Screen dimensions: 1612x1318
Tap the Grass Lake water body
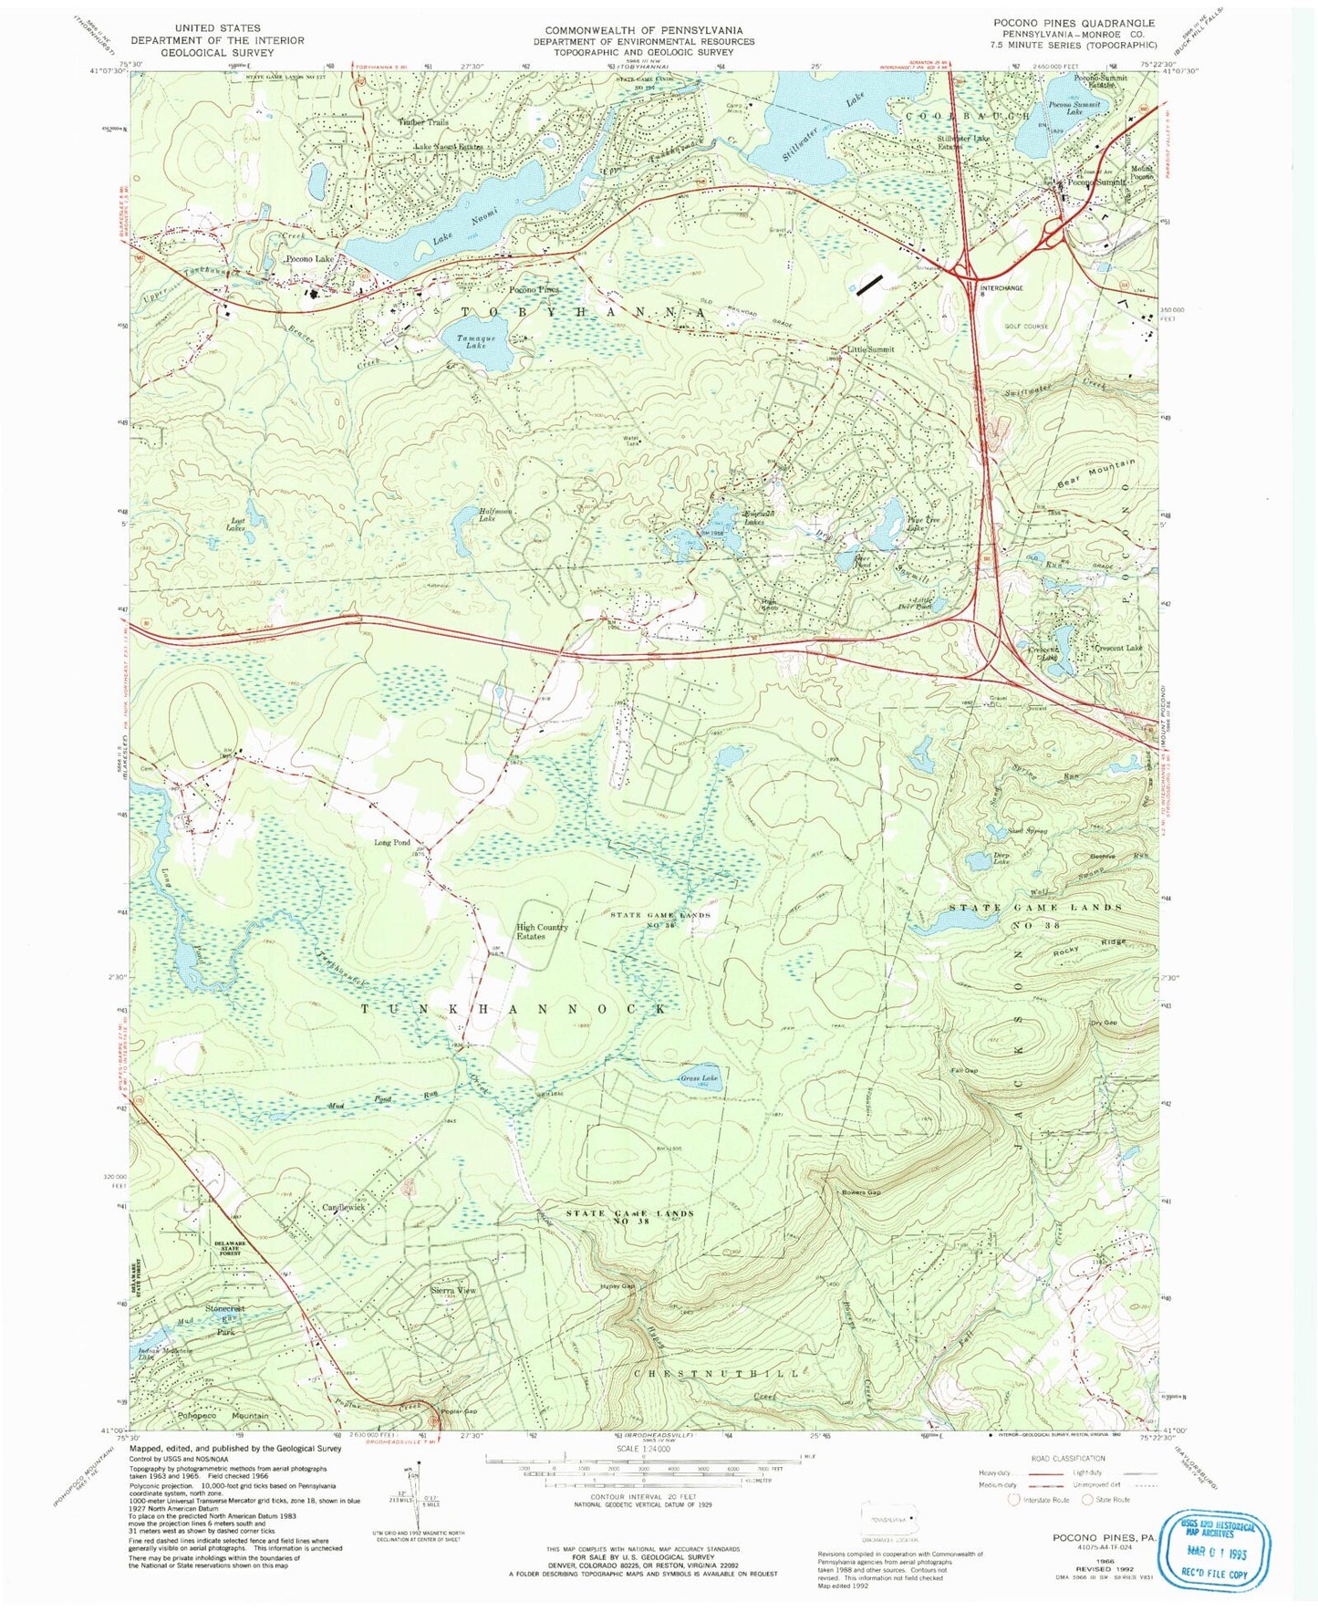(701, 1078)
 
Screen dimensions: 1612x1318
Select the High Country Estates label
(542, 931)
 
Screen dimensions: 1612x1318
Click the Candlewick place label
(343, 1207)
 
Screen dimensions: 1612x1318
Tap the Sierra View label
(453, 1291)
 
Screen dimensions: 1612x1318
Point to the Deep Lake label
(1001, 858)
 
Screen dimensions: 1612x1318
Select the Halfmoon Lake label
(496, 515)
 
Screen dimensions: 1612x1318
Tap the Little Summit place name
(871, 349)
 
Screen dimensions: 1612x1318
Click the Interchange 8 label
(1001, 292)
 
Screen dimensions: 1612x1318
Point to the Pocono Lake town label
(310, 259)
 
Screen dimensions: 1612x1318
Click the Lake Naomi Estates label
(447, 147)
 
